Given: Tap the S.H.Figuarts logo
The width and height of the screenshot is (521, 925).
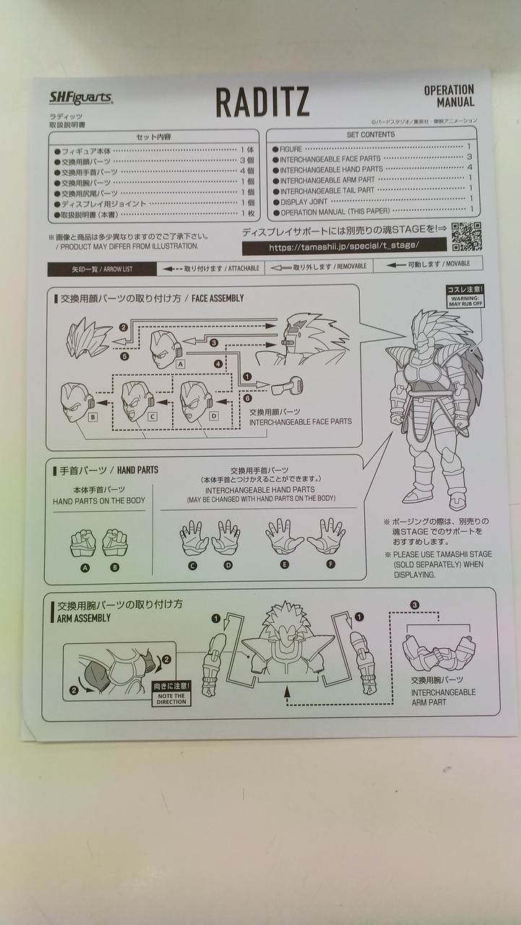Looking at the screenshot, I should (x=79, y=98).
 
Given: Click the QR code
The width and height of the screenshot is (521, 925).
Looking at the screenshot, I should (x=466, y=236).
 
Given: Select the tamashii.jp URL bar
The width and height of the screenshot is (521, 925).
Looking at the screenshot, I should (x=343, y=246).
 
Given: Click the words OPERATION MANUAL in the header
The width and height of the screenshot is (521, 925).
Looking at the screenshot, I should (x=449, y=96).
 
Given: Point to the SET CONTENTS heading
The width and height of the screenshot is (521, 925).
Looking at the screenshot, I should (x=371, y=134).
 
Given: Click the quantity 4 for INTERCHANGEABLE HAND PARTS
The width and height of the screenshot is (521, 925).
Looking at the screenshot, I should (x=470, y=168).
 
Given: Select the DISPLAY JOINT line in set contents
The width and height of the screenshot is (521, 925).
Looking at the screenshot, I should (x=304, y=202).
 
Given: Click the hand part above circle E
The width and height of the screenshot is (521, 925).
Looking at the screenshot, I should (x=284, y=535).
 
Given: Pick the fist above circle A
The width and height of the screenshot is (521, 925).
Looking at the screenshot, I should (x=84, y=542).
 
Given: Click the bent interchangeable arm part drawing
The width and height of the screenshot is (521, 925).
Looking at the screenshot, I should (x=439, y=652).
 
